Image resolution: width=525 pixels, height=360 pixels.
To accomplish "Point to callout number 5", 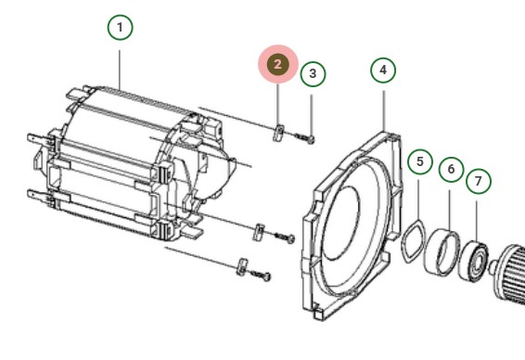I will point(420,162).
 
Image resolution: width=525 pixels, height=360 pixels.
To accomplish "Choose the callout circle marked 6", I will point(450,171).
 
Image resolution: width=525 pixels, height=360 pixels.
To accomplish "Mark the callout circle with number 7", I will point(479,181).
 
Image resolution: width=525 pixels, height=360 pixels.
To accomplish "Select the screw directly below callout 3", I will point(306,137).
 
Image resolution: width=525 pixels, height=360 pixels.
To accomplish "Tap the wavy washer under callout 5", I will point(409,240).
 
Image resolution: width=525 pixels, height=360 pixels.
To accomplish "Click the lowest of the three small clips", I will point(241,266).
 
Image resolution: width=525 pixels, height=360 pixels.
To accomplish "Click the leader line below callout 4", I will point(383,107).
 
